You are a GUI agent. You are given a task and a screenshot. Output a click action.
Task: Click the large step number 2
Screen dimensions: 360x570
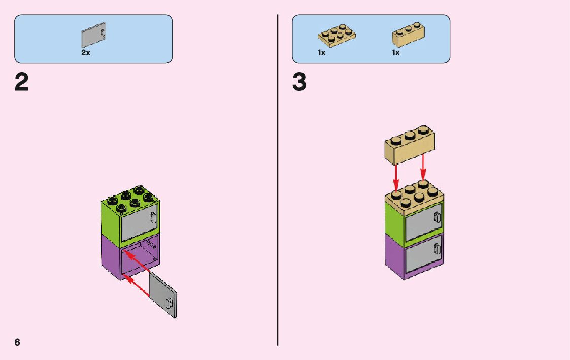22,83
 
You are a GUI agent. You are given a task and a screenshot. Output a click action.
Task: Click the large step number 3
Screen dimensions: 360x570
299,83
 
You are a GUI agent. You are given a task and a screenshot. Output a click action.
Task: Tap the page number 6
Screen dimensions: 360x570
18,342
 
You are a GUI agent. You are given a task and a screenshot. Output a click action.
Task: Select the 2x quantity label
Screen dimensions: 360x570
86,53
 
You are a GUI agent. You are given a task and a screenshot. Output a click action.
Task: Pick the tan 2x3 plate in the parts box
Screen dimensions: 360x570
337,35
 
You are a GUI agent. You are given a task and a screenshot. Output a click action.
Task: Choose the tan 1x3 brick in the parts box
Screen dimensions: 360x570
408,34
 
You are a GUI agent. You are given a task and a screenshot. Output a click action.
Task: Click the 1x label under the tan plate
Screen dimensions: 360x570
322,53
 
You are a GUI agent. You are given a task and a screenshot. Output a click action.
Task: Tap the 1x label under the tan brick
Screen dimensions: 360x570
396,53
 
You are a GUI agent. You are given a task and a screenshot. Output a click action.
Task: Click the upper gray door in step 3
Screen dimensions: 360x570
423,221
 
